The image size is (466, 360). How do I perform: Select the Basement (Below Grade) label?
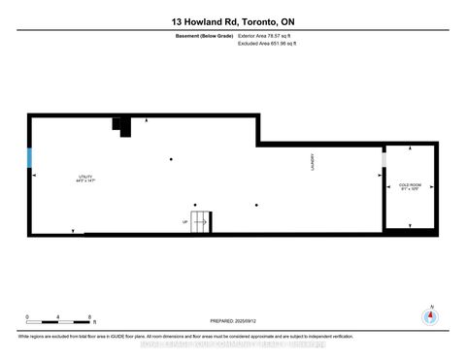point(191,36)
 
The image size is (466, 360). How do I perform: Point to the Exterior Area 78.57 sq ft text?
point(265,36)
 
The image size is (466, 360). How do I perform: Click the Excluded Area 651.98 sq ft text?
point(267,44)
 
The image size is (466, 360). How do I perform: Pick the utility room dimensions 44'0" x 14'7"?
point(87,181)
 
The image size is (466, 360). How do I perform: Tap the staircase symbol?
point(199,221)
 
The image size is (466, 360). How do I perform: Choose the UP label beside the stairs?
point(184,221)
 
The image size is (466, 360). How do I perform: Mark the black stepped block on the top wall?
point(121,126)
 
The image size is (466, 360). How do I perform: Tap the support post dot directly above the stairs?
point(171,159)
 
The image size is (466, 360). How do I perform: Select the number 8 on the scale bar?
point(90,318)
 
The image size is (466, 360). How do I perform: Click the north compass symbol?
point(428,315)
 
